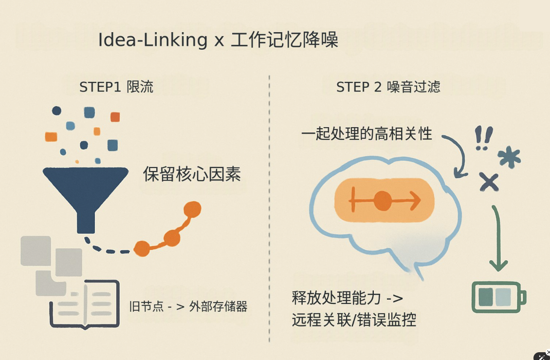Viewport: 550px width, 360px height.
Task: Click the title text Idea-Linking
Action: point(152,39)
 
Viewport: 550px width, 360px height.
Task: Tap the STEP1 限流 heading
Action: point(116,87)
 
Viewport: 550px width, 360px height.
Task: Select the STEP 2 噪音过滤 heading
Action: point(388,87)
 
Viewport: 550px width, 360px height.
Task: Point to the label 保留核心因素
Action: point(192,174)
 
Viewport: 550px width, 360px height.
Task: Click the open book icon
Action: point(85,304)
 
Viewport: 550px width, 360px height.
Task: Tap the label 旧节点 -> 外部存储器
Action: point(188,306)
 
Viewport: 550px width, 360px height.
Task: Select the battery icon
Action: point(499,297)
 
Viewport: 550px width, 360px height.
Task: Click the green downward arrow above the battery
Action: point(498,239)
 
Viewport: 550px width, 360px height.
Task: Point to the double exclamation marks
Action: point(484,138)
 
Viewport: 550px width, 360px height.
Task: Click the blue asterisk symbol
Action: point(509,157)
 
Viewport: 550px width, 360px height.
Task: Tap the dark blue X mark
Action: point(489,182)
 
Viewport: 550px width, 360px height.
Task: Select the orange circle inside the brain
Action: point(383,201)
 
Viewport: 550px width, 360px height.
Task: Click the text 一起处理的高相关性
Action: point(367,134)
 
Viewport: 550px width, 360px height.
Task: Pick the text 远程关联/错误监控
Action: point(354,320)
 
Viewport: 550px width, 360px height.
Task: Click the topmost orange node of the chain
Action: point(192,209)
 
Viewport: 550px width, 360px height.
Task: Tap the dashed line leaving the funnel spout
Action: point(105,248)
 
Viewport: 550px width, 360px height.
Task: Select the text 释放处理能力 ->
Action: point(347,298)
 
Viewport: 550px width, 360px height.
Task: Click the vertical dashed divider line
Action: point(269,208)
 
